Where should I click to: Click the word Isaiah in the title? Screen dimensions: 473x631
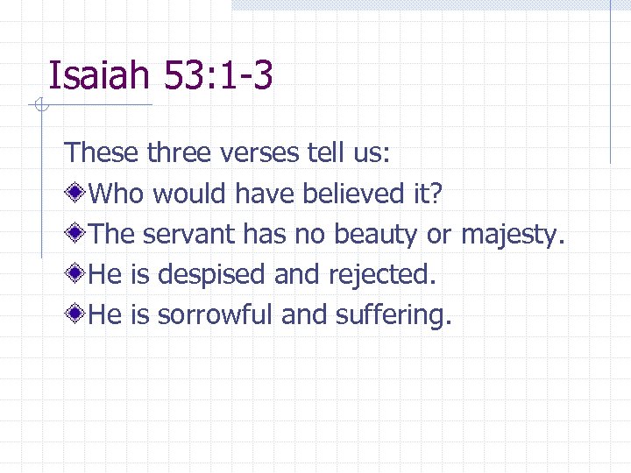click(x=98, y=75)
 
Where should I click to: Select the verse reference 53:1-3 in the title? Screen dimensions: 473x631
click(x=218, y=75)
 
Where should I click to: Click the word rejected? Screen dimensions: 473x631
click(x=381, y=275)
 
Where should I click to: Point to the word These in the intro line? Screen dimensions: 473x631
click(x=102, y=153)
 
